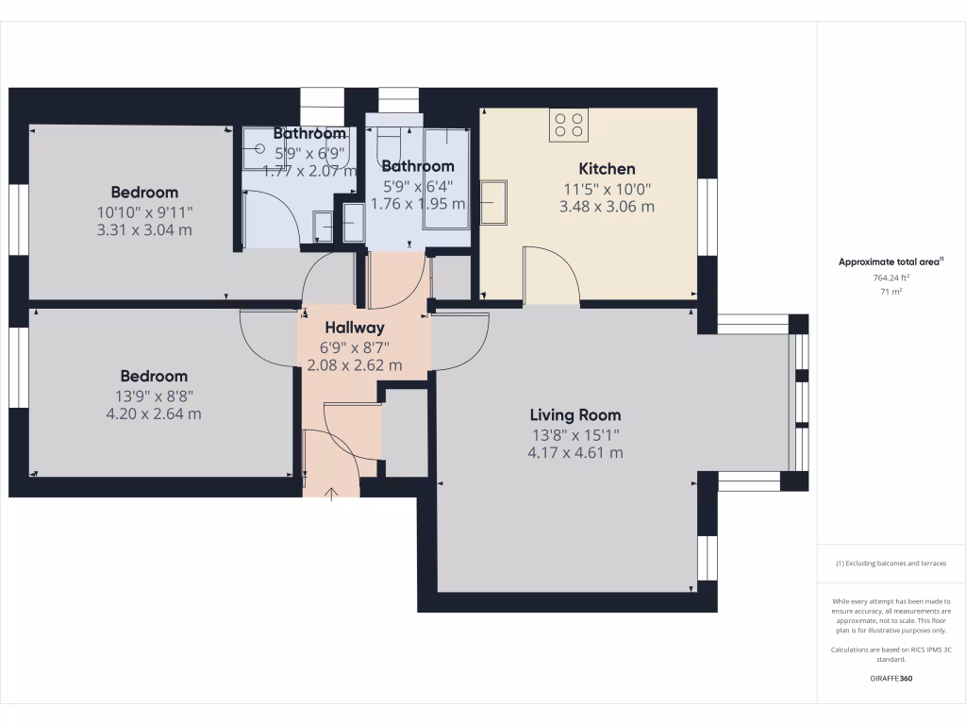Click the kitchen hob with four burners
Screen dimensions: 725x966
coord(569,125)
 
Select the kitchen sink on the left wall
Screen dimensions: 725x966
coord(493,202)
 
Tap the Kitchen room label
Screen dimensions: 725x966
coord(607,169)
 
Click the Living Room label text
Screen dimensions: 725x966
coord(575,414)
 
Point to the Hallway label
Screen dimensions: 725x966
coord(355,328)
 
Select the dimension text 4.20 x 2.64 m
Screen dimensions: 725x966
coord(154,413)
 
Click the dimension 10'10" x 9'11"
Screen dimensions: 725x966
coord(144,211)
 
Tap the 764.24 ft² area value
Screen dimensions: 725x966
coord(891,278)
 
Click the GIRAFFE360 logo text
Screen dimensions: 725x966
coord(891,679)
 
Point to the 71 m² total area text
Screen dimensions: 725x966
coord(891,293)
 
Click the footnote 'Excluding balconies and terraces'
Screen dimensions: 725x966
coord(891,564)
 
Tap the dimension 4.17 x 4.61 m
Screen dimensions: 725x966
coord(575,452)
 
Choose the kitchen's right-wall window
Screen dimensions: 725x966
coord(707,216)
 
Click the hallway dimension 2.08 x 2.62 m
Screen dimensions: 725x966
coord(355,364)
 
